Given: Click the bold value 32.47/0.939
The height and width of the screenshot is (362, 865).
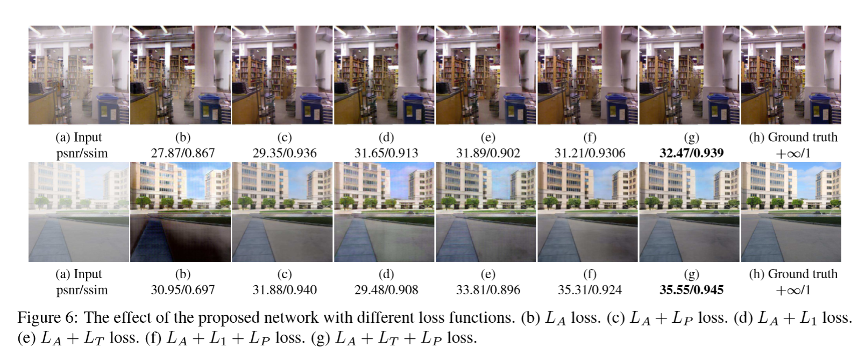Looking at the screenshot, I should click(691, 153).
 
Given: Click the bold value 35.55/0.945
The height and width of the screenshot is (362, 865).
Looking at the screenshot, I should click(691, 290).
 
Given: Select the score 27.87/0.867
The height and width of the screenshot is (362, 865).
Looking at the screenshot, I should click(182, 153).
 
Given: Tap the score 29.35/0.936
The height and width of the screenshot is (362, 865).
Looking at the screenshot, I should click(285, 153).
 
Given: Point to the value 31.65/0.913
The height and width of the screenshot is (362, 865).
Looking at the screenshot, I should click(386, 153).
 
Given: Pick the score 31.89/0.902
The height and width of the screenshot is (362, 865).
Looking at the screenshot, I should click(488, 153).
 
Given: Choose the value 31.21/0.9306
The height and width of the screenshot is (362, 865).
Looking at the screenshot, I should click(590, 153).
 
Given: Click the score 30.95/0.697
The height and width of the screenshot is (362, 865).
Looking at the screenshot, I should click(182, 290).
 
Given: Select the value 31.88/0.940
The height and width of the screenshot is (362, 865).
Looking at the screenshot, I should click(285, 290).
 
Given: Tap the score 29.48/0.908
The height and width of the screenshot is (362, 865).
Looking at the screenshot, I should click(386, 290).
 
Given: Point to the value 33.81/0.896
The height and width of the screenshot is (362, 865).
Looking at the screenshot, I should click(488, 290).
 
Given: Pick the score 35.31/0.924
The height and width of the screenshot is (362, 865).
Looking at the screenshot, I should click(590, 290).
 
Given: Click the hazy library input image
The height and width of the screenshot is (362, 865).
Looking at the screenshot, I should click(79, 75).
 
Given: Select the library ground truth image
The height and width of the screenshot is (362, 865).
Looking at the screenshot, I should click(791, 75).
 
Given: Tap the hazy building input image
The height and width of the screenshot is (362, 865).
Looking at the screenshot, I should click(79, 212).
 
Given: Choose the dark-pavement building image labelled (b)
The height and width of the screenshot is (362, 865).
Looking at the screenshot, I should click(181, 212).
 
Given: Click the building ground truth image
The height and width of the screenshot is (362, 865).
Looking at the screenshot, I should click(791, 212).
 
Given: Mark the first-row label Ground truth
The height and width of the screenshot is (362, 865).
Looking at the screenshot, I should click(803, 137).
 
